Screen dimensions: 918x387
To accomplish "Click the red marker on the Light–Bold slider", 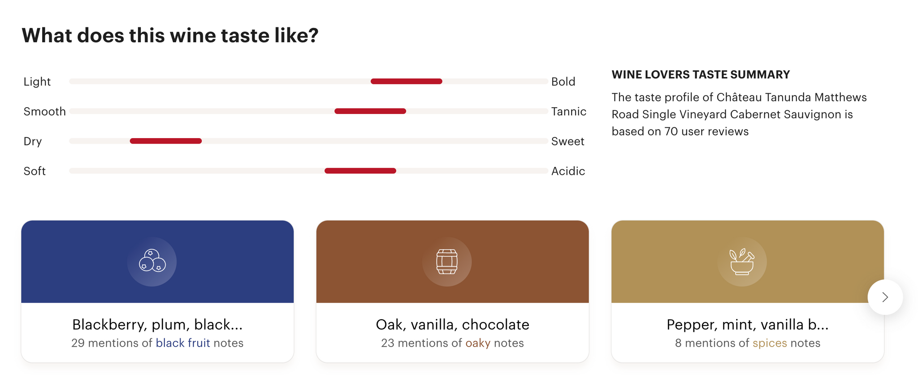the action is (x=407, y=81).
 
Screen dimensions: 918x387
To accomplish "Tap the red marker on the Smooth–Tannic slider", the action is (x=370, y=111).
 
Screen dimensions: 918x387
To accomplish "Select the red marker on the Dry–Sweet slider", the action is (x=166, y=141).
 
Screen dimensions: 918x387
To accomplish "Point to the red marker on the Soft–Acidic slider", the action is (x=360, y=171).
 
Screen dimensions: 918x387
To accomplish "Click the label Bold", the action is (x=563, y=82).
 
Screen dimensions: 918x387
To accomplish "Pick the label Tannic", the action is (x=568, y=111).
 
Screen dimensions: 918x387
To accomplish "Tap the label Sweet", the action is (x=567, y=141).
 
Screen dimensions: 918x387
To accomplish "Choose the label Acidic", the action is (x=568, y=171).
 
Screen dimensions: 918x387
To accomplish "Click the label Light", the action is (x=37, y=82).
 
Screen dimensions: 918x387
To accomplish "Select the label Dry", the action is (x=33, y=141).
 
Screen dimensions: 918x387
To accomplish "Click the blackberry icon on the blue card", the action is (x=152, y=261).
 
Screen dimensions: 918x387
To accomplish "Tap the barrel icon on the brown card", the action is (x=447, y=262).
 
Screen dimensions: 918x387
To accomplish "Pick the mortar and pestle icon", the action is (x=742, y=261).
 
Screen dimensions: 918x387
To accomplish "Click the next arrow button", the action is (x=885, y=297).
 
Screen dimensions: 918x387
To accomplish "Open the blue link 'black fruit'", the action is (x=183, y=343).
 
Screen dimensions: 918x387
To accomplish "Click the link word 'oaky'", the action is (x=478, y=343).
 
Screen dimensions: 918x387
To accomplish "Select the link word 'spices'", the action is (x=770, y=343).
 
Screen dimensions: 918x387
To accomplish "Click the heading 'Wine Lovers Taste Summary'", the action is (x=701, y=74).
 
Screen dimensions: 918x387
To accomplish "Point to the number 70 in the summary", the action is (x=671, y=131).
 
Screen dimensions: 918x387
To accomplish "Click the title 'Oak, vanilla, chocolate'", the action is (x=452, y=324).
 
